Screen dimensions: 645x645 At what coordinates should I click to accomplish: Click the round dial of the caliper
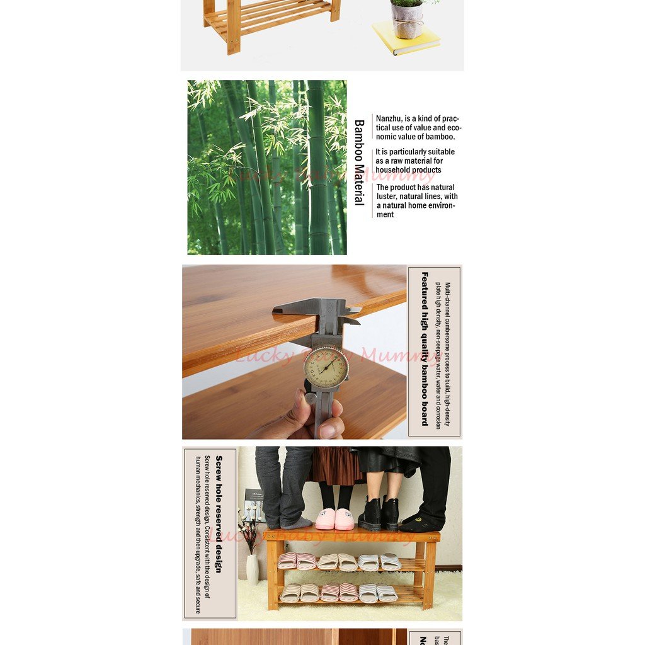pyautogui.click(x=326, y=368)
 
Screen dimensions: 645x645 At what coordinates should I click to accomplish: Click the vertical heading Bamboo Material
pyautogui.click(x=359, y=163)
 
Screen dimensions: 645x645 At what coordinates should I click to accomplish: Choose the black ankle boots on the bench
pyautogui.click(x=379, y=514)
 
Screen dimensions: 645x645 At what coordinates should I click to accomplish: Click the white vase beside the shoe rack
pyautogui.click(x=253, y=569)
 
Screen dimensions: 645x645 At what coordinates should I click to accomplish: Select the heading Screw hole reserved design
pyautogui.click(x=219, y=514)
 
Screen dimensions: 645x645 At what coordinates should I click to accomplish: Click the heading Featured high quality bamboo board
pyautogui.click(x=425, y=349)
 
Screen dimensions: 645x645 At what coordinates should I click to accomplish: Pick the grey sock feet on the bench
pyautogui.click(x=290, y=522)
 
